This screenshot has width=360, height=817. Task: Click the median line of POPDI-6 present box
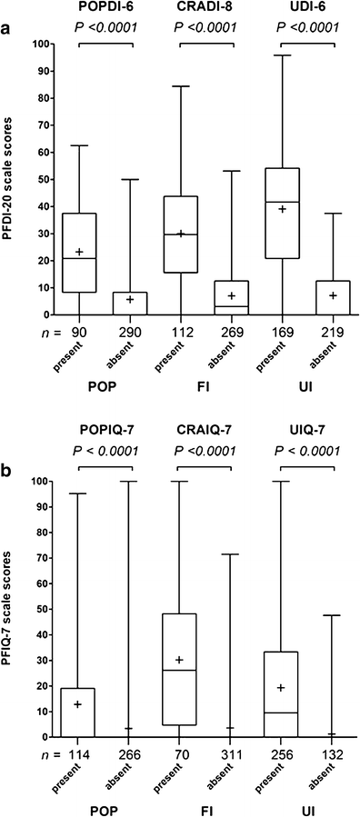pos(78,258)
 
